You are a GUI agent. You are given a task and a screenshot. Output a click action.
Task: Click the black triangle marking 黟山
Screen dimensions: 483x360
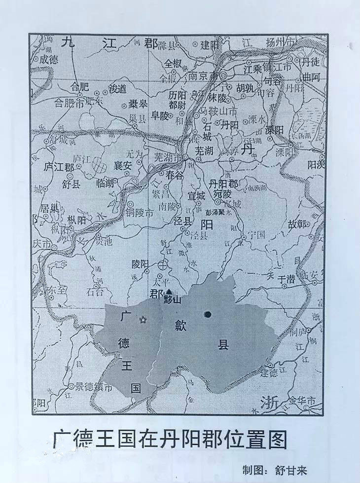point(169,292)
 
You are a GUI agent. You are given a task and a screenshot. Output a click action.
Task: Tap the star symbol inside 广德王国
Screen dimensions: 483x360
point(144,320)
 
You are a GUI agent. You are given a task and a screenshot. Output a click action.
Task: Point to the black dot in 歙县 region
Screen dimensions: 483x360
point(208,314)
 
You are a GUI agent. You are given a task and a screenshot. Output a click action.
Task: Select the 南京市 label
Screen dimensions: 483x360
point(203,77)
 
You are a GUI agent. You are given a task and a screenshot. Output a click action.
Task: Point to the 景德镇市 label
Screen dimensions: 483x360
point(94,388)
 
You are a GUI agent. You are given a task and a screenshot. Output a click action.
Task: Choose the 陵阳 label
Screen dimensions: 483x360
point(140,264)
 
